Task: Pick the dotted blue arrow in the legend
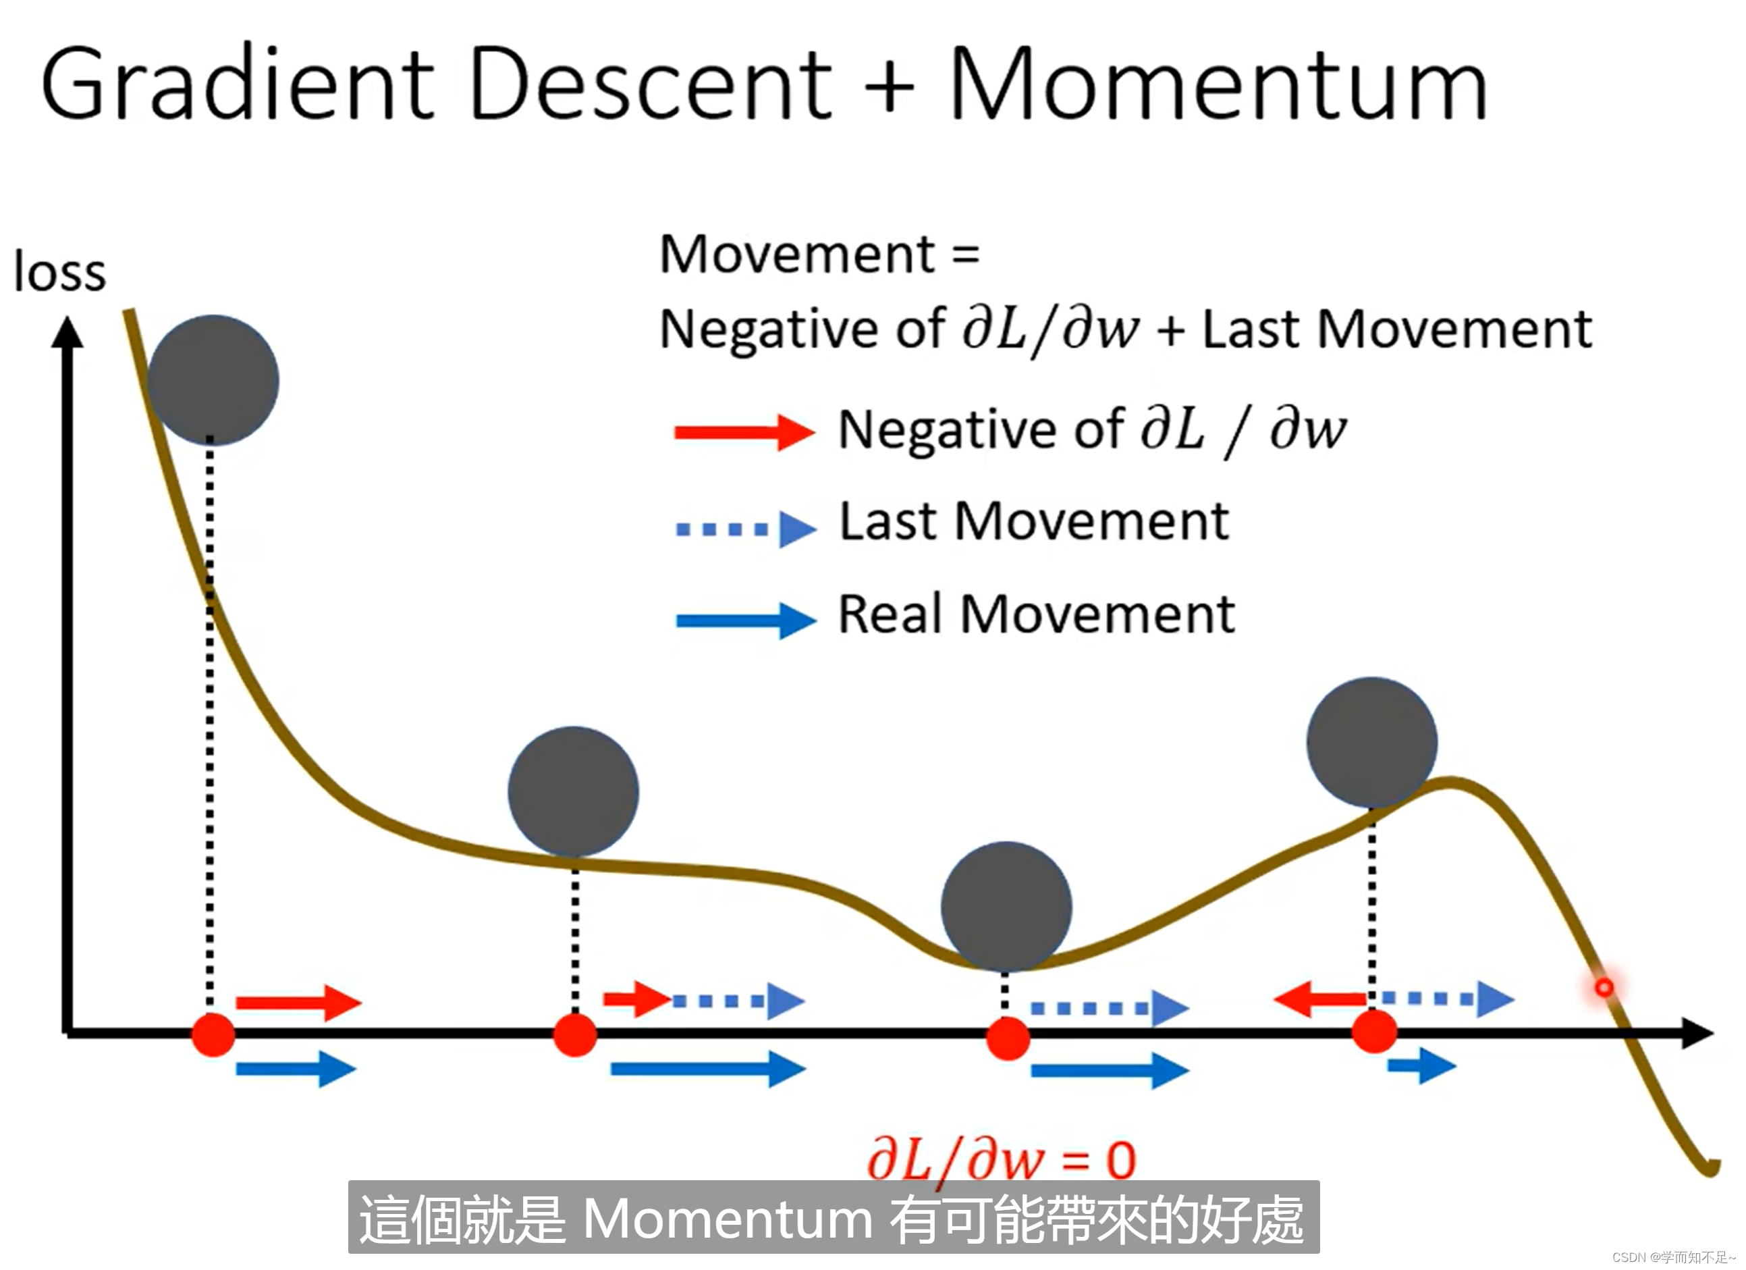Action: [745, 529]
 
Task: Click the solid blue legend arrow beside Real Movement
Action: [745, 620]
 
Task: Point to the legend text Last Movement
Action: [1033, 521]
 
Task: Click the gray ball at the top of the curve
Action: [213, 379]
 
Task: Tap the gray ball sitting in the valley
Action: [1006, 905]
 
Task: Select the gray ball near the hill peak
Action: [1371, 741]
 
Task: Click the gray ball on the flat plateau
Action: [573, 791]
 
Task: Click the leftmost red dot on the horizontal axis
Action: [213, 1034]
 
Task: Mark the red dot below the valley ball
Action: [1007, 1038]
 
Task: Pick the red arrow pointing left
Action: [1319, 999]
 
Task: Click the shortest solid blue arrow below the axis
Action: [1421, 1065]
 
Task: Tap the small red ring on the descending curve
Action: [1604, 986]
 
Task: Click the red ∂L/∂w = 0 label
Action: [1001, 1159]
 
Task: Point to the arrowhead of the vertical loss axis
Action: [67, 332]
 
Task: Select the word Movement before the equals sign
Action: [798, 254]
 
